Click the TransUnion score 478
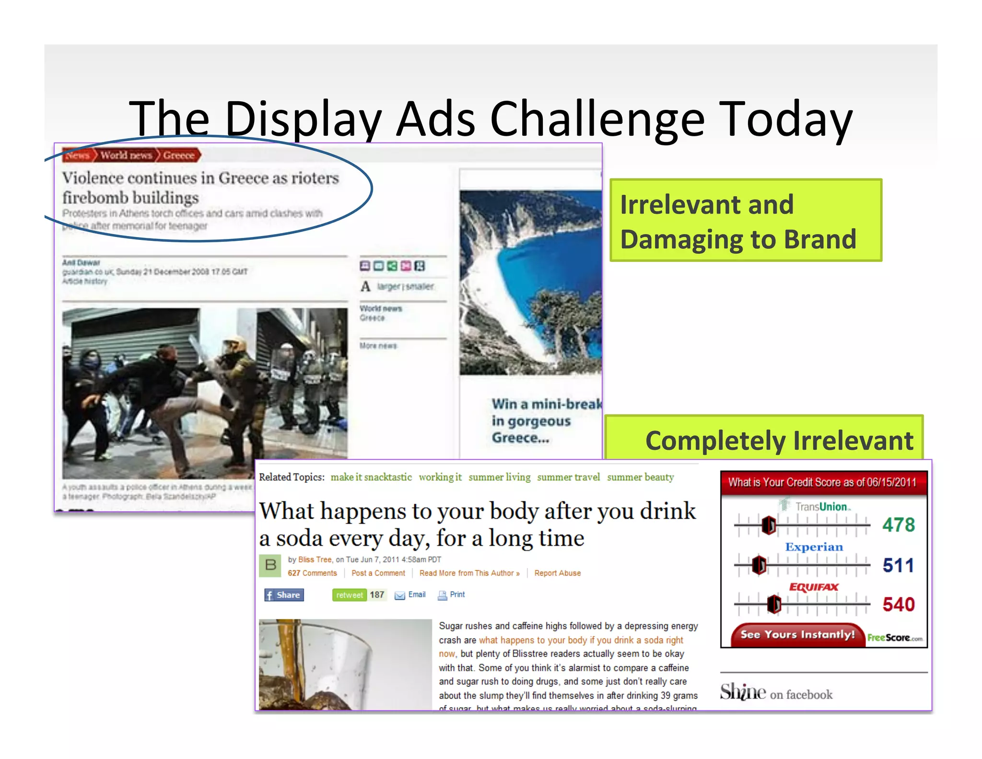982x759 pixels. (899, 525)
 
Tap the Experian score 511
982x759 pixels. (899, 565)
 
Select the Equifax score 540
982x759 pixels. (899, 605)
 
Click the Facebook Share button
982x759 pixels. (284, 595)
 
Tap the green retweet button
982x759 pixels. (349, 595)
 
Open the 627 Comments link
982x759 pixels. (312, 573)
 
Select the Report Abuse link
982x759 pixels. (557, 573)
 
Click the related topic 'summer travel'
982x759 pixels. (568, 477)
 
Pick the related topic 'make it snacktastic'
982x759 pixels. (371, 477)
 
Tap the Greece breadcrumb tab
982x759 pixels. (179, 155)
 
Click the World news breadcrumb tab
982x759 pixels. (126, 155)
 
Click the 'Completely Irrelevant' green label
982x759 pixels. (779, 440)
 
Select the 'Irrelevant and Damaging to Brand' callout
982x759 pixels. (745, 221)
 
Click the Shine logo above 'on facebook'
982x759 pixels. (743, 692)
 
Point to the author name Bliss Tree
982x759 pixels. (315, 559)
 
